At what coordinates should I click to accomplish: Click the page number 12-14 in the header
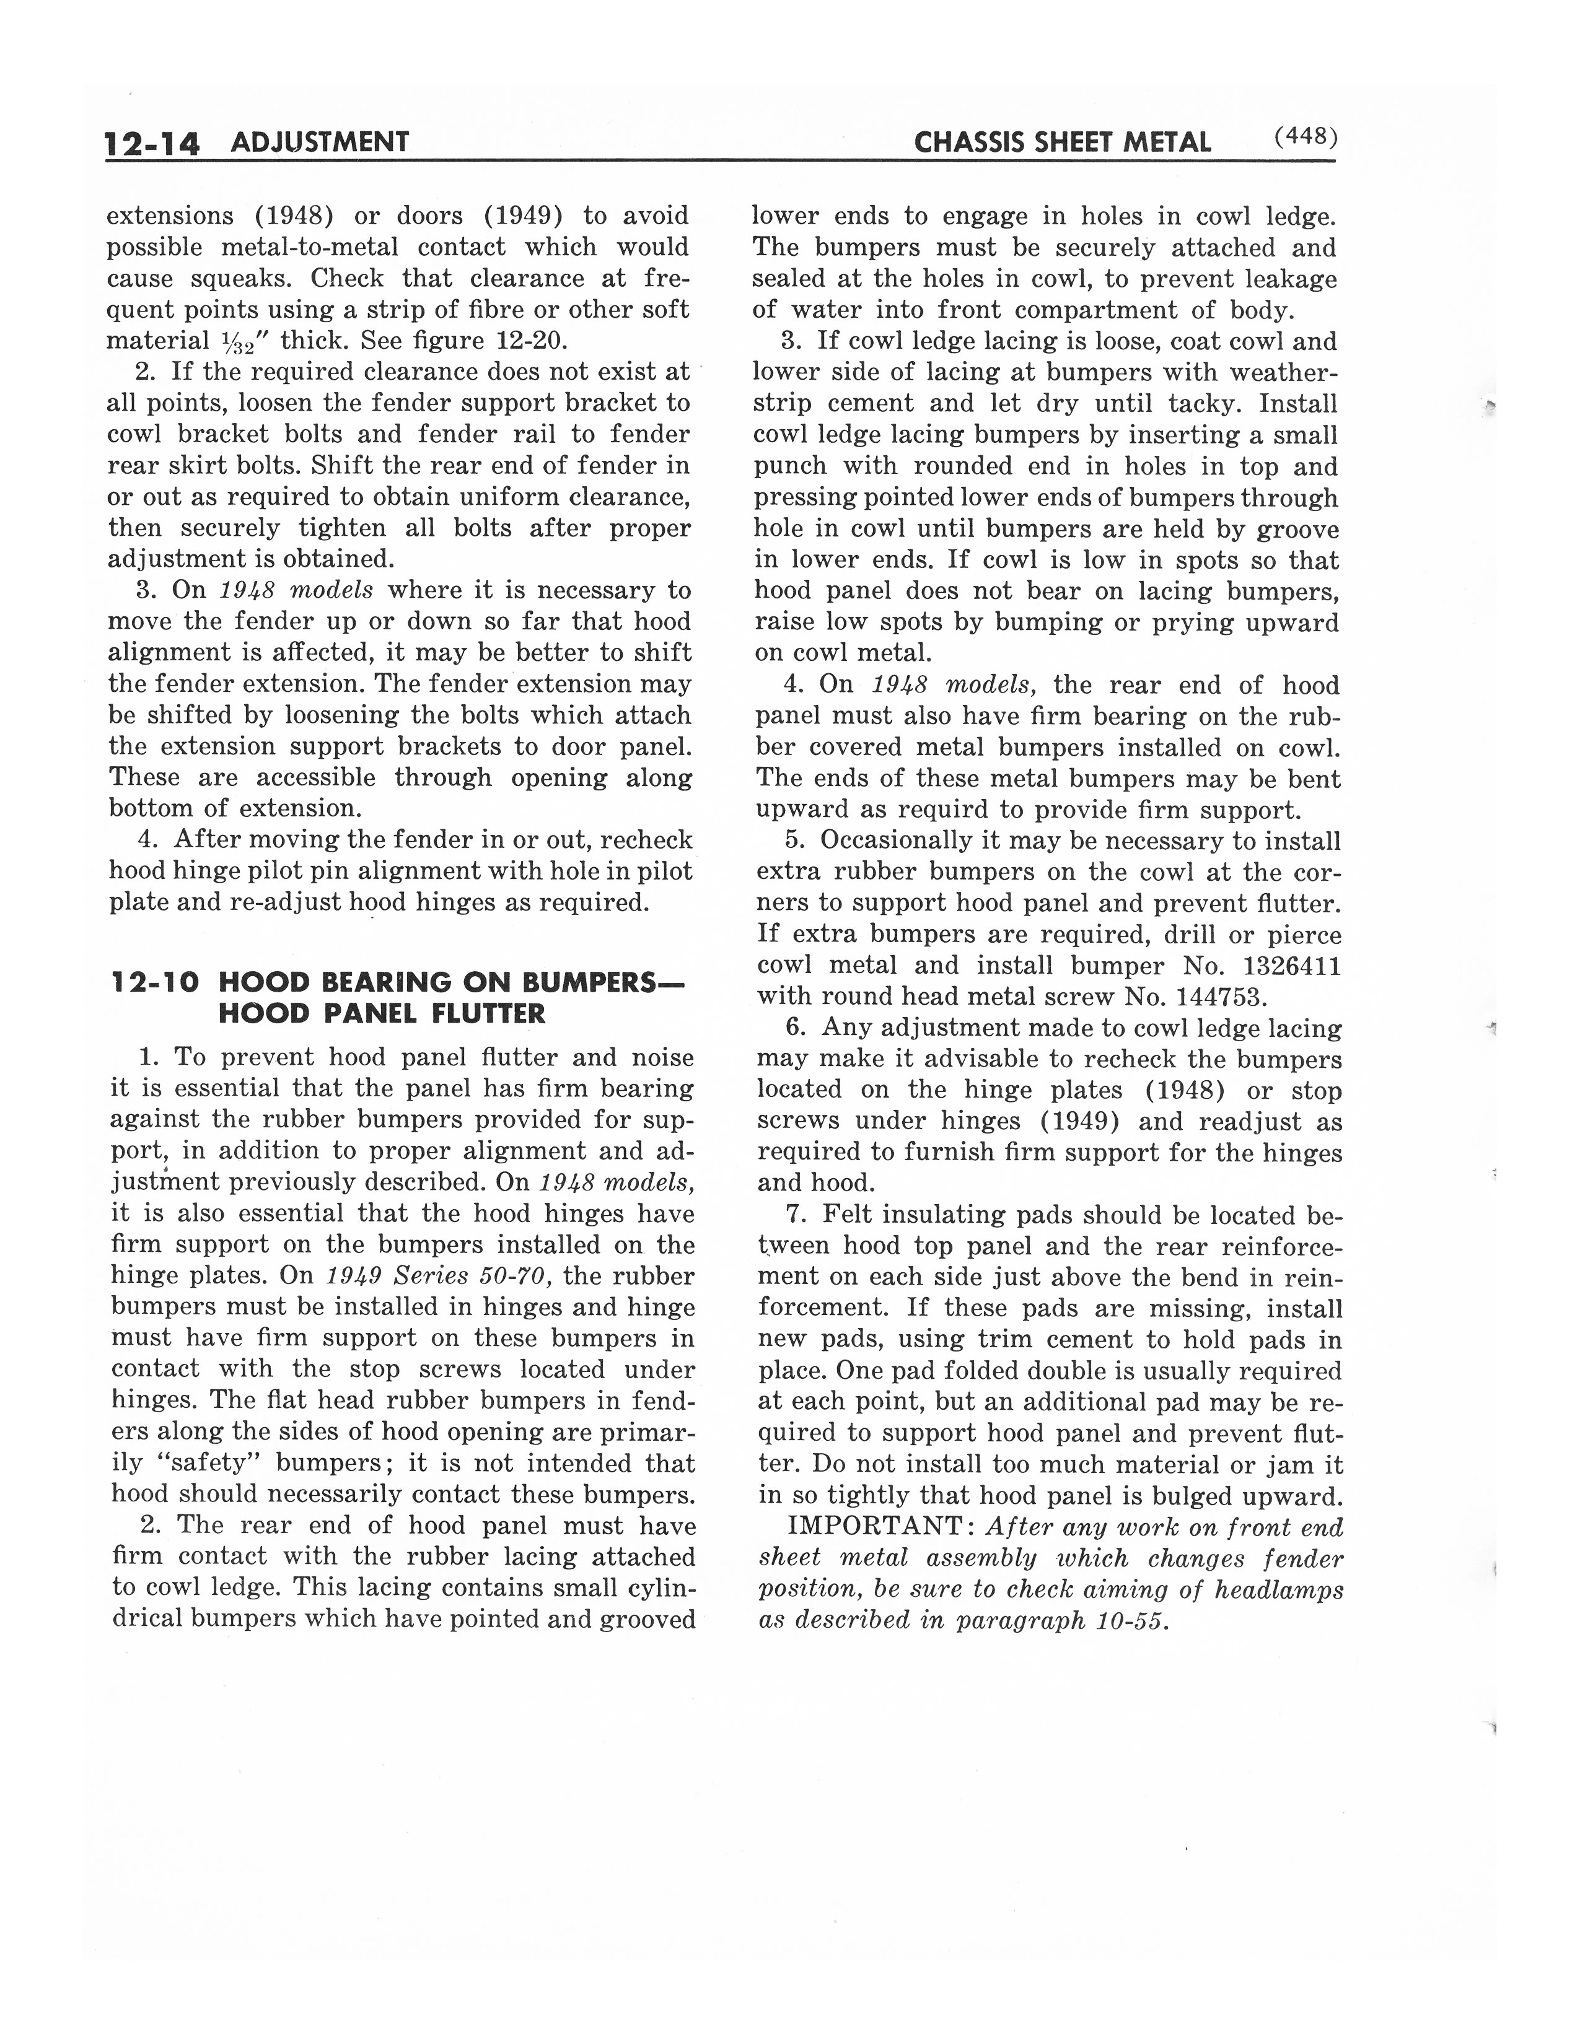point(152,143)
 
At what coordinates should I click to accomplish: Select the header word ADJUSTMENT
point(319,142)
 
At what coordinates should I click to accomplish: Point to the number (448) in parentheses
point(1306,138)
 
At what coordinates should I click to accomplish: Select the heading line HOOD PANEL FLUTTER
point(381,1013)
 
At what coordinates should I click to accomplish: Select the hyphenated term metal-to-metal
point(309,248)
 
